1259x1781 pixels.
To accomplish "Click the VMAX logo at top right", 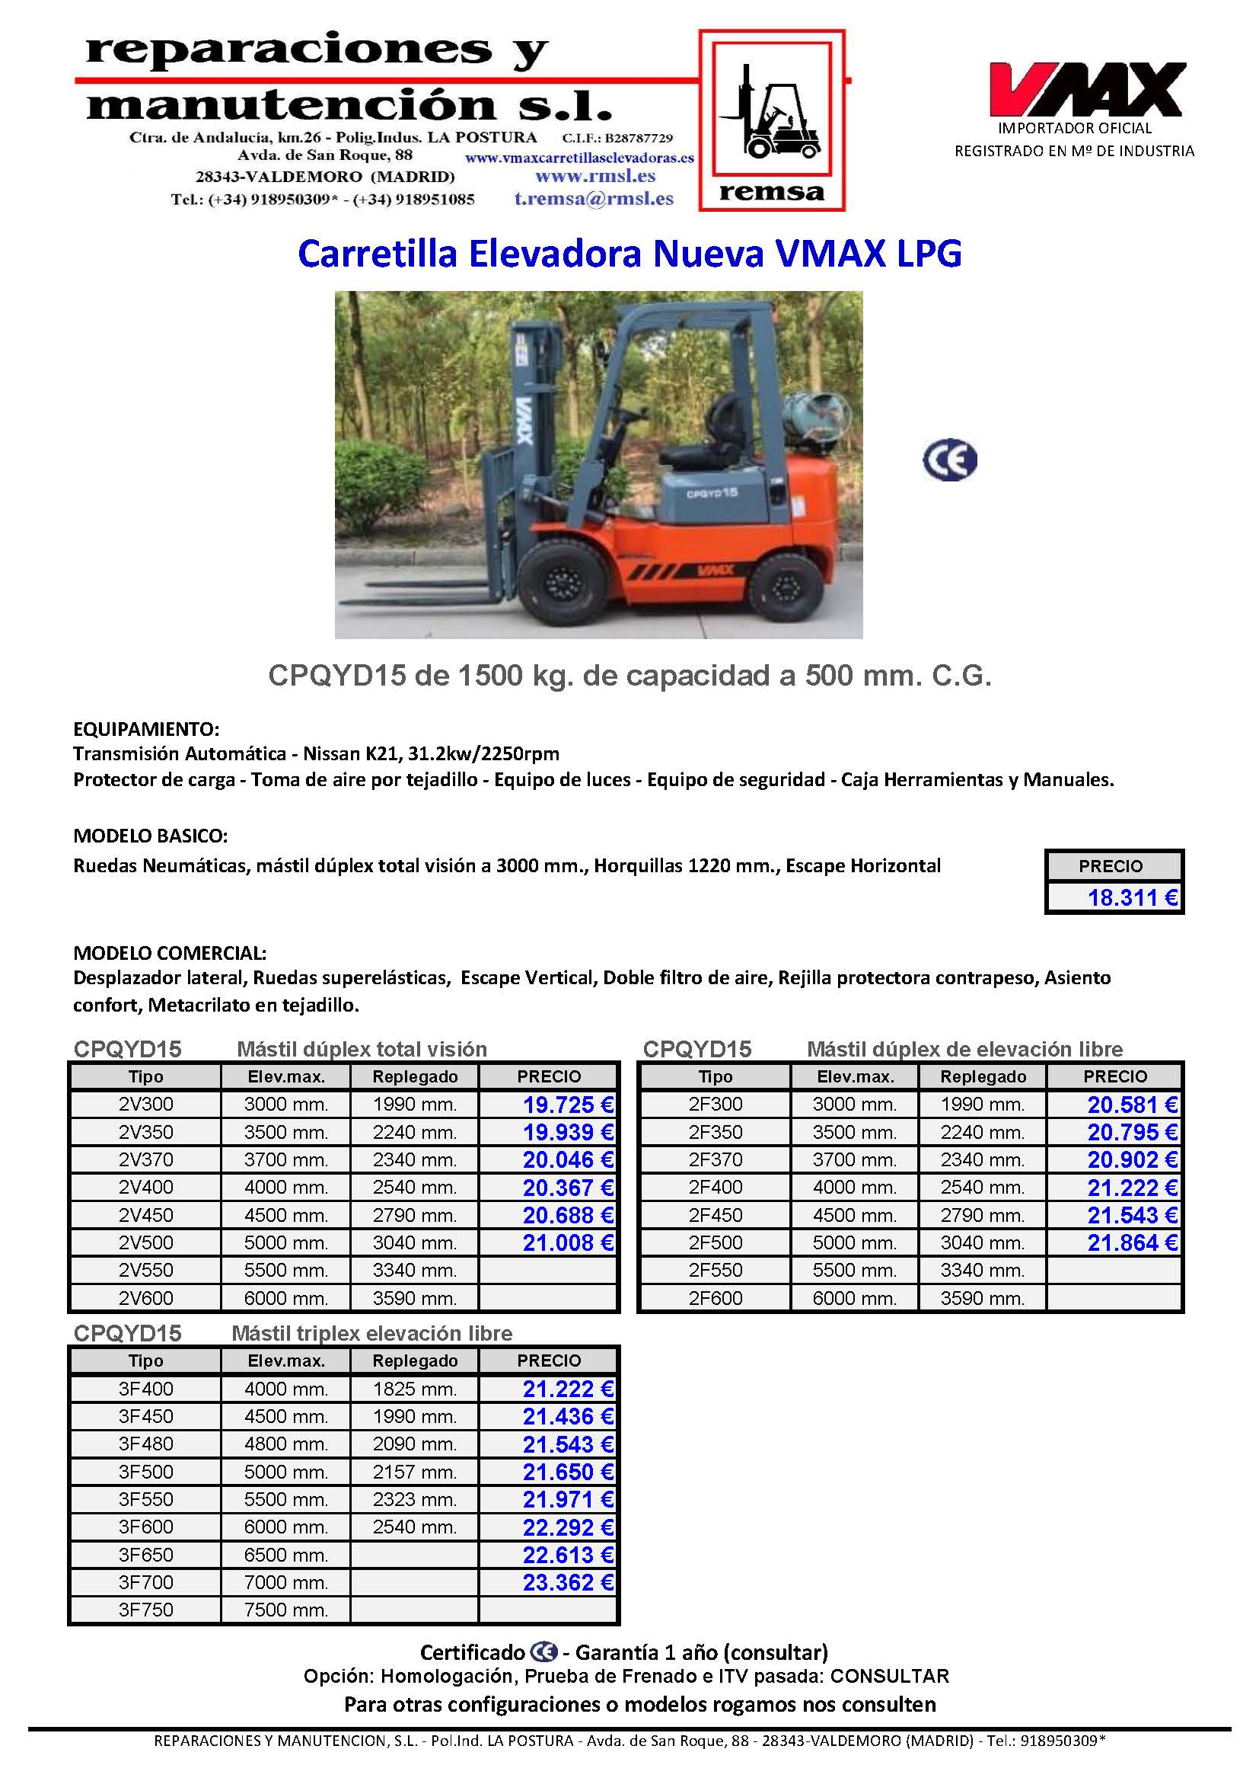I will coord(1086,89).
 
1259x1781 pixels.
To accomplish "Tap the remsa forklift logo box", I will coord(771,120).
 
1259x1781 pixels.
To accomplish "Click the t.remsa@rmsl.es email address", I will coord(594,199).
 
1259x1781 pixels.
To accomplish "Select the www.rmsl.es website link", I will coord(595,176).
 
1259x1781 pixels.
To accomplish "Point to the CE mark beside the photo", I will coord(950,461).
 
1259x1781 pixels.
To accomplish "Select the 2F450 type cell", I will coord(715,1215).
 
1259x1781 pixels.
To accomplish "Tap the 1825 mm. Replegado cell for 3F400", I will coord(415,1389).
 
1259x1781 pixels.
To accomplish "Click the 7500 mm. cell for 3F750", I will coord(286,1610).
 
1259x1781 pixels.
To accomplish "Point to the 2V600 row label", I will coord(145,1298).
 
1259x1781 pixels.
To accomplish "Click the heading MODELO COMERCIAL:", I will coord(170,952).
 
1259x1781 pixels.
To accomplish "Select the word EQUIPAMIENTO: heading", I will coord(146,729).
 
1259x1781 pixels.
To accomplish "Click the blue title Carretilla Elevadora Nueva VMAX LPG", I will coord(629,254).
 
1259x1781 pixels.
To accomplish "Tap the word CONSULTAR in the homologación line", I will coord(889,1677).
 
